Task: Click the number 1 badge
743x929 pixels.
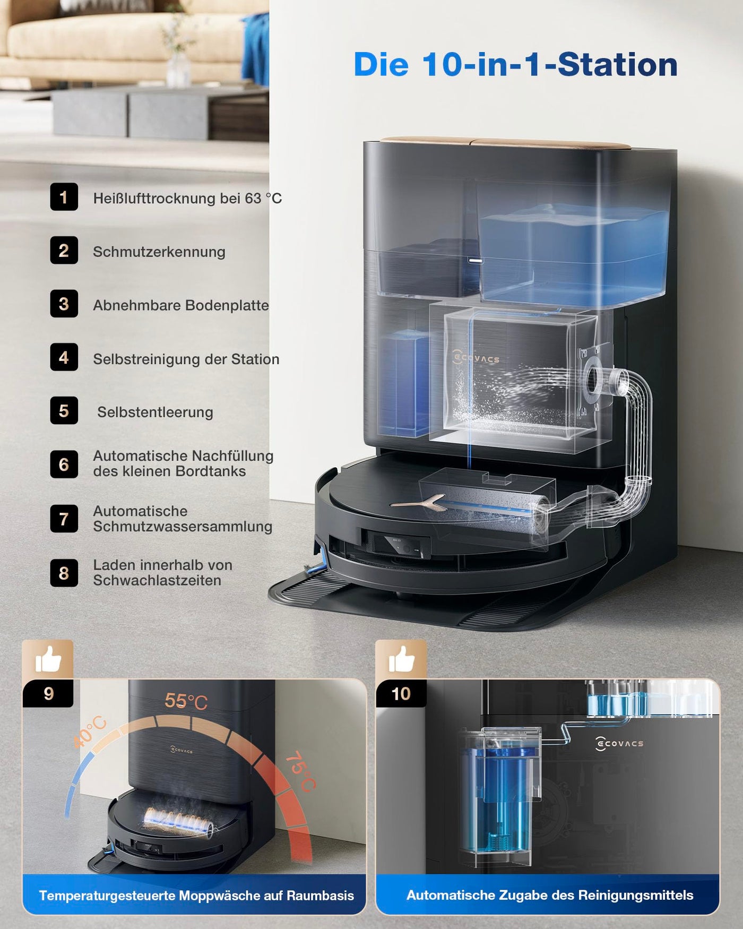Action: coord(64,197)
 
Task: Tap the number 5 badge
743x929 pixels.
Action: coord(64,410)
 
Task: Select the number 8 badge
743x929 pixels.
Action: coord(64,573)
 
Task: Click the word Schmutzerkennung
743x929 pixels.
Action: coord(159,252)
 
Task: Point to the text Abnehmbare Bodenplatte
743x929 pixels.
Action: coord(180,305)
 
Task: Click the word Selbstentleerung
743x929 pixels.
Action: coord(155,412)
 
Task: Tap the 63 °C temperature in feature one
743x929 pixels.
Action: coord(263,198)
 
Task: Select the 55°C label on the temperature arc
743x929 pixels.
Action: coord(186,701)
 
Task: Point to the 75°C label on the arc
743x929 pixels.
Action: coord(300,771)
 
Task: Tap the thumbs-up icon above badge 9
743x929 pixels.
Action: coord(48,659)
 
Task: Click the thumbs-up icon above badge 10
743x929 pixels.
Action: coord(401,659)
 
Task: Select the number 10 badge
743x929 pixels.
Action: coord(401,693)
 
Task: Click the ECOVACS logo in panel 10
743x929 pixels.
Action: coord(619,743)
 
